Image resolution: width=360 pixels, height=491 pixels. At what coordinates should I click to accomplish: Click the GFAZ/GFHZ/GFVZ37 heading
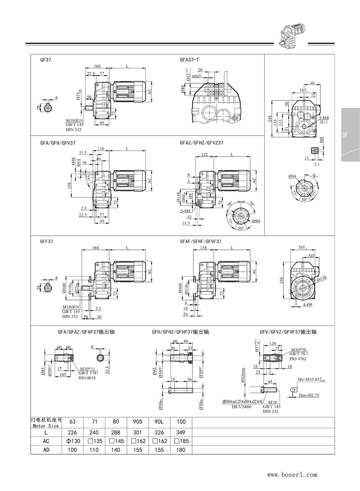pyautogui.click(x=202, y=143)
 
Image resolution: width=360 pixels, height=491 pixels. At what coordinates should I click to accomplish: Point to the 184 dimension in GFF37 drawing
pyautogui.click(x=95, y=248)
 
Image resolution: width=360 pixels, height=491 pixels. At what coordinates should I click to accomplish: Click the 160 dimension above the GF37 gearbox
pyautogui.click(x=97, y=66)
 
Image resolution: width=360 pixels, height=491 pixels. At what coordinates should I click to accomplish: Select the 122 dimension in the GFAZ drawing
pyautogui.click(x=204, y=154)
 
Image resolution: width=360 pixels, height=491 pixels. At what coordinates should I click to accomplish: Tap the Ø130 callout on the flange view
pyautogui.click(x=320, y=279)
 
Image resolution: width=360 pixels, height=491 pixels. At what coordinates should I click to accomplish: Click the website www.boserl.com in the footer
pyautogui.click(x=292, y=474)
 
